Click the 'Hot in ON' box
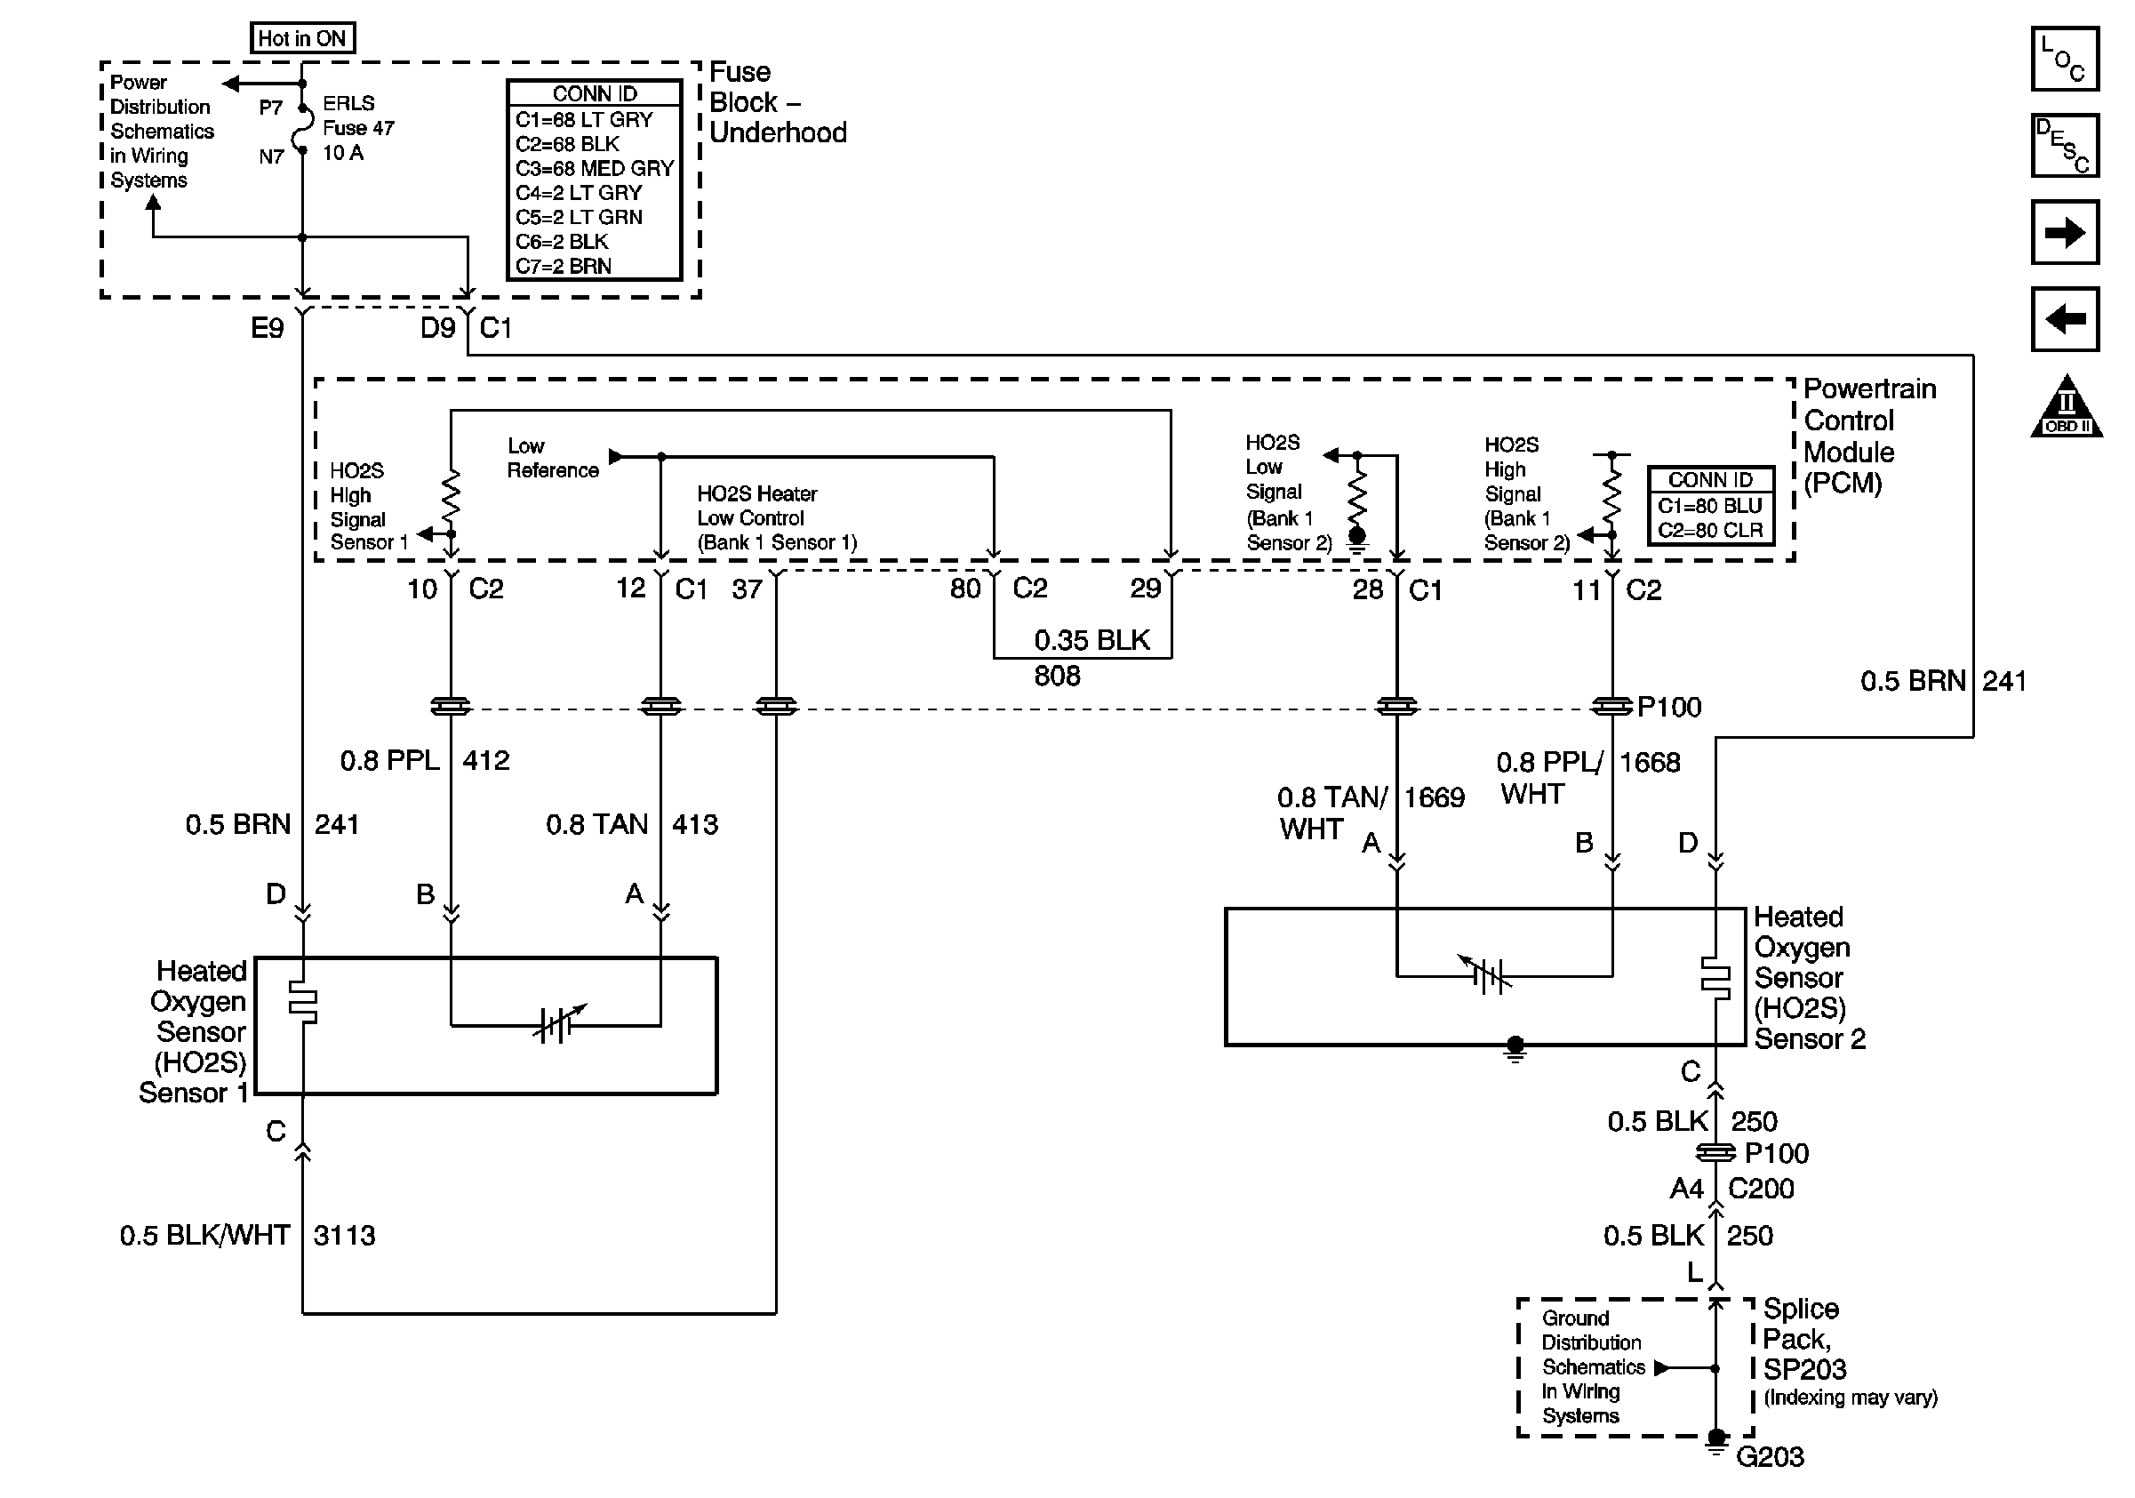coord(302,38)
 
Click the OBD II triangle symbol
coord(2067,409)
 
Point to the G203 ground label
coord(1770,1456)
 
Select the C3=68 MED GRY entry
coord(595,168)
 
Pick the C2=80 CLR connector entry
coord(1710,530)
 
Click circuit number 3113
coord(344,1235)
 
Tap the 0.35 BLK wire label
coord(1091,640)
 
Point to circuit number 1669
coord(1434,797)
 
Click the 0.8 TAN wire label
coord(596,824)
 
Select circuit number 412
coord(485,761)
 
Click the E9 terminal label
coord(267,327)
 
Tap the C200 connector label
coord(1760,1189)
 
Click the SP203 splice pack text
coord(1804,1369)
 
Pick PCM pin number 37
coord(747,589)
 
